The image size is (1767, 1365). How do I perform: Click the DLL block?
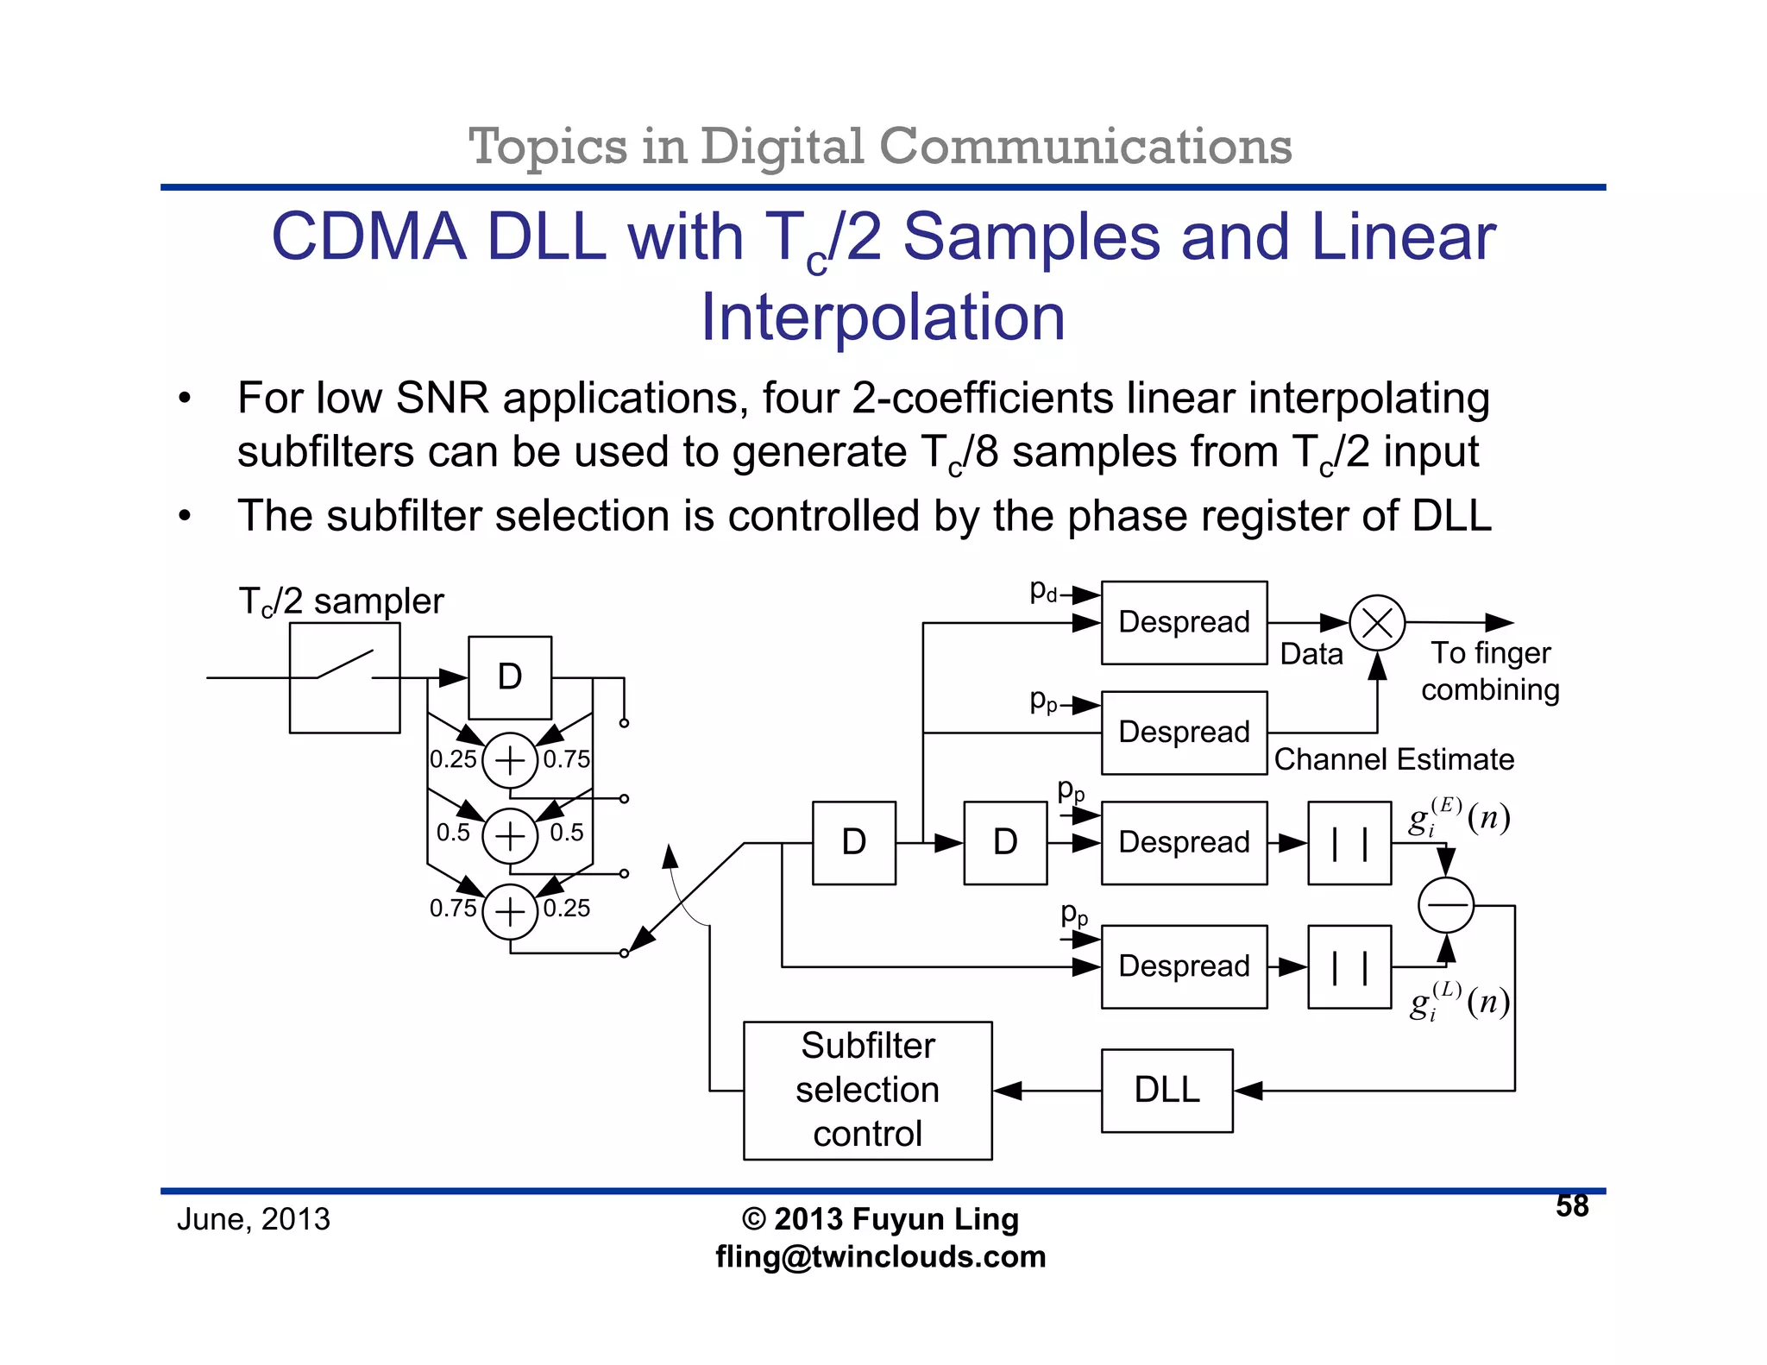click(x=1166, y=1090)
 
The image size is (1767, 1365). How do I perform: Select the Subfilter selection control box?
click(x=867, y=1090)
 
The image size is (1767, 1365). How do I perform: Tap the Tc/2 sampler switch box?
click(x=344, y=677)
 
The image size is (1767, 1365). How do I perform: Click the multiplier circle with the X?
click(x=1377, y=622)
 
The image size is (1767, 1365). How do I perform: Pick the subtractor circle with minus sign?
click(x=1445, y=904)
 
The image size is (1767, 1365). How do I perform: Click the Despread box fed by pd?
click(x=1184, y=622)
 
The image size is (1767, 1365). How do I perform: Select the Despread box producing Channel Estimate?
click(x=1184, y=733)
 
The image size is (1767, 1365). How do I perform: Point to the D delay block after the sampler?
click(x=509, y=677)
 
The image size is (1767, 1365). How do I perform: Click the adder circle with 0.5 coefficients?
click(x=510, y=835)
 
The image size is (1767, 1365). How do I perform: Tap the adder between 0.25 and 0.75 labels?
click(x=510, y=760)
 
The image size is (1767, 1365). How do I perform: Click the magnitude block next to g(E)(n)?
click(x=1349, y=843)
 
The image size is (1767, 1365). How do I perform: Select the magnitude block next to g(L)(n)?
click(x=1349, y=966)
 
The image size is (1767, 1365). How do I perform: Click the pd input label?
click(x=1043, y=591)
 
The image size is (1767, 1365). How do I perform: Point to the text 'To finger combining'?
click(x=1490, y=671)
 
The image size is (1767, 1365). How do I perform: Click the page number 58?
click(x=1571, y=1205)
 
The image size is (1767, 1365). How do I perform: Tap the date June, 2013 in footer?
click(x=253, y=1219)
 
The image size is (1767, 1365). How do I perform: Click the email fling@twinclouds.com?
click(x=880, y=1256)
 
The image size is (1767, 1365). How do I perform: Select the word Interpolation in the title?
click(x=883, y=318)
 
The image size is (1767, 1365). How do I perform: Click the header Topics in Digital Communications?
click(x=880, y=146)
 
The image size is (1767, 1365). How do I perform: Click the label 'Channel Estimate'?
click(x=1393, y=759)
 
